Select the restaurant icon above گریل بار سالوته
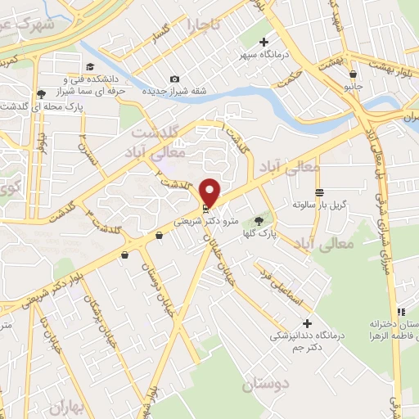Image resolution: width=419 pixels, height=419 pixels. [x=318, y=190]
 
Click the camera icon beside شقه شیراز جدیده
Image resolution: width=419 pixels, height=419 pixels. [x=173, y=79]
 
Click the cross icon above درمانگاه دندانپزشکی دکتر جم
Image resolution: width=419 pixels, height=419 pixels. [x=308, y=322]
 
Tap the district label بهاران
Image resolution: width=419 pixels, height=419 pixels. [x=67, y=407]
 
